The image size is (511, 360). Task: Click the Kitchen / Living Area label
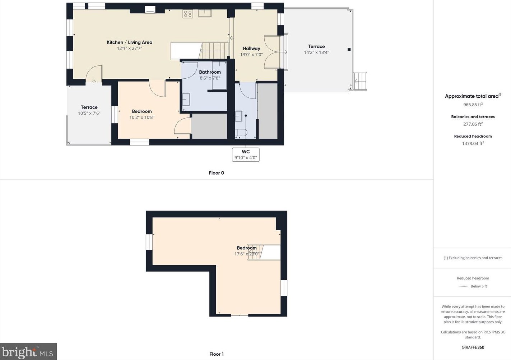coord(129,42)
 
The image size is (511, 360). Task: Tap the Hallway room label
coord(251,49)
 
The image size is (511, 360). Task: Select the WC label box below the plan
coord(246,154)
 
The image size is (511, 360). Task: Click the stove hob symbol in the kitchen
coord(188,14)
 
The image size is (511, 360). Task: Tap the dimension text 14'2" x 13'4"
coord(316,52)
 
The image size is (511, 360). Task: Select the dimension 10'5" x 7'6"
coord(89,113)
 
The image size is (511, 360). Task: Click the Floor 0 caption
coord(216,173)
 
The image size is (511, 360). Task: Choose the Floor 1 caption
coord(216,354)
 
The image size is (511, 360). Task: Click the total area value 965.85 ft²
coord(473,105)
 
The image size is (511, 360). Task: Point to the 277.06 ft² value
coord(473,124)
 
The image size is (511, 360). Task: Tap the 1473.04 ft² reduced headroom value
coord(473,143)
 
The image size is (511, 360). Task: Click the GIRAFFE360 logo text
coord(473,347)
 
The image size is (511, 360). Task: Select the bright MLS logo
coord(28,352)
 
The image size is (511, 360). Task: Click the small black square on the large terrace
coord(349,50)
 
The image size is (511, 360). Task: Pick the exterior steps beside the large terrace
coord(360,81)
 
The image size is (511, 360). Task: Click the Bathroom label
coord(210,72)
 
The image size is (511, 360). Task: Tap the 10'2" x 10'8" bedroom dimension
coord(141,117)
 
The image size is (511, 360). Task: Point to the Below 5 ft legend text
coord(479,286)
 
